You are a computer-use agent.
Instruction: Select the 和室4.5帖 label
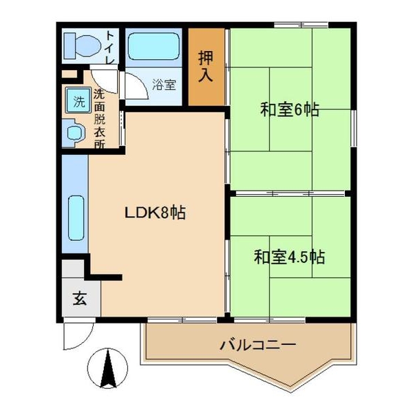(289, 257)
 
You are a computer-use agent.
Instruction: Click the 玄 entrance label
(80, 299)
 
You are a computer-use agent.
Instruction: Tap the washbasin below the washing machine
(73, 131)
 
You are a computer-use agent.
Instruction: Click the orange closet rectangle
(206, 67)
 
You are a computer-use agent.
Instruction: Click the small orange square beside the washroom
(67, 74)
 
